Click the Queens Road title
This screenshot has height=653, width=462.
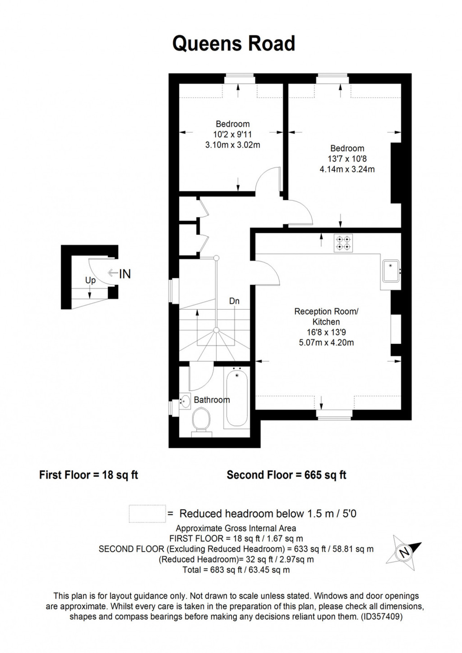click(234, 43)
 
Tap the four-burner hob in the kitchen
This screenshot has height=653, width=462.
click(343, 243)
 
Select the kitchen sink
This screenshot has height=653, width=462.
click(391, 271)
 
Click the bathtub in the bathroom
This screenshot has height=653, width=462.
click(237, 398)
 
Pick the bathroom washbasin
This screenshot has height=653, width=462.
click(185, 401)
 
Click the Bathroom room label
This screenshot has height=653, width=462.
click(212, 400)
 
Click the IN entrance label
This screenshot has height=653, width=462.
click(125, 274)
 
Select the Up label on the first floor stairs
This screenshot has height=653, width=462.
click(90, 280)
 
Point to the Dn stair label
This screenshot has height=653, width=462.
click(234, 301)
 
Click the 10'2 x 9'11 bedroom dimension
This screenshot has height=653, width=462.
click(232, 134)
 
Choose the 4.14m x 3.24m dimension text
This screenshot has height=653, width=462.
click(347, 169)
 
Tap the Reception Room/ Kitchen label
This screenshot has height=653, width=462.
click(326, 316)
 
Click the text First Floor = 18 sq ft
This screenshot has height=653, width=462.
click(88, 475)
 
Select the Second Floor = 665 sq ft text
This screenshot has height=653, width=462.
click(287, 475)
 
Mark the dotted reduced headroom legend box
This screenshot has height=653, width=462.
click(147, 513)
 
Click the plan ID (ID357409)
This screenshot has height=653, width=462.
click(382, 617)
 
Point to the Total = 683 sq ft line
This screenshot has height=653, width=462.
click(236, 570)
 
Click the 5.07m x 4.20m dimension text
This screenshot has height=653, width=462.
click(326, 343)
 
